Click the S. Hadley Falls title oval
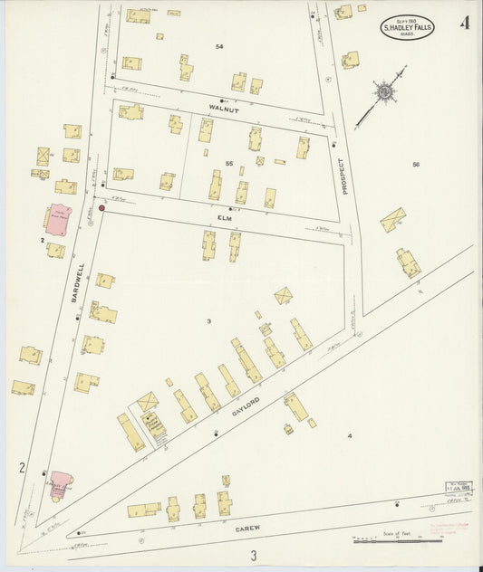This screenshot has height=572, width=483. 406,27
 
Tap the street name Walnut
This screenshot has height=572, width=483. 223,106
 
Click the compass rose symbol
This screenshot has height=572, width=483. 384,91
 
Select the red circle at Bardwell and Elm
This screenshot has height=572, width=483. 101,208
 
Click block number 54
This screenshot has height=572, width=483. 219,46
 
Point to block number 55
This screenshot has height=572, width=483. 229,163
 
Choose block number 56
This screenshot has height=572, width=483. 416,164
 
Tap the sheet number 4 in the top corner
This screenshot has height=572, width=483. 464,23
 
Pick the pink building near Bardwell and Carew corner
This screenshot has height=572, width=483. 60,483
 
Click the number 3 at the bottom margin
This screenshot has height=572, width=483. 255,555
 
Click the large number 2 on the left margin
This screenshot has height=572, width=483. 21,468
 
